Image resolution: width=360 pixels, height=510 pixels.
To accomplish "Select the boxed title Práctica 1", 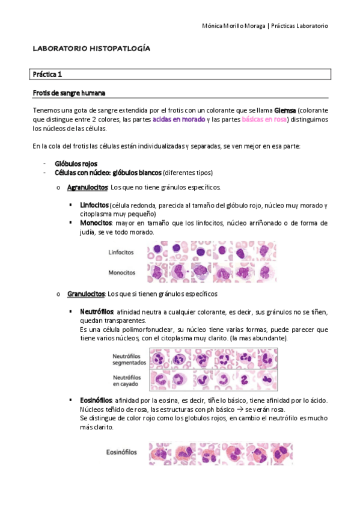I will tap(47, 75).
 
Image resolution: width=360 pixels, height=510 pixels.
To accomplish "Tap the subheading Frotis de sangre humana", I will tap(70, 93).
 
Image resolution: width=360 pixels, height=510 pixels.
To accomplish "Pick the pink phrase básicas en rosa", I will tap(264, 120).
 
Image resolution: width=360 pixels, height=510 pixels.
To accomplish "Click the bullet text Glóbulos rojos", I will tap(76, 164).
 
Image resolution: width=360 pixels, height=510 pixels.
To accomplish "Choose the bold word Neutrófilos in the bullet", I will tap(97, 312).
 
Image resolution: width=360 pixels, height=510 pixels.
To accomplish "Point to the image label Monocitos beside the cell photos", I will tap(121, 272).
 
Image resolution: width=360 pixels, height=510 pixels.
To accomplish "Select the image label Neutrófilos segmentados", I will tap(129, 359).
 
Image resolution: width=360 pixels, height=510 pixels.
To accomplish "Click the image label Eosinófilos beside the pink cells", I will tap(121, 452).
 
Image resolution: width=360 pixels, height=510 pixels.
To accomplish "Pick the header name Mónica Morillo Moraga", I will tap(233, 26).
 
